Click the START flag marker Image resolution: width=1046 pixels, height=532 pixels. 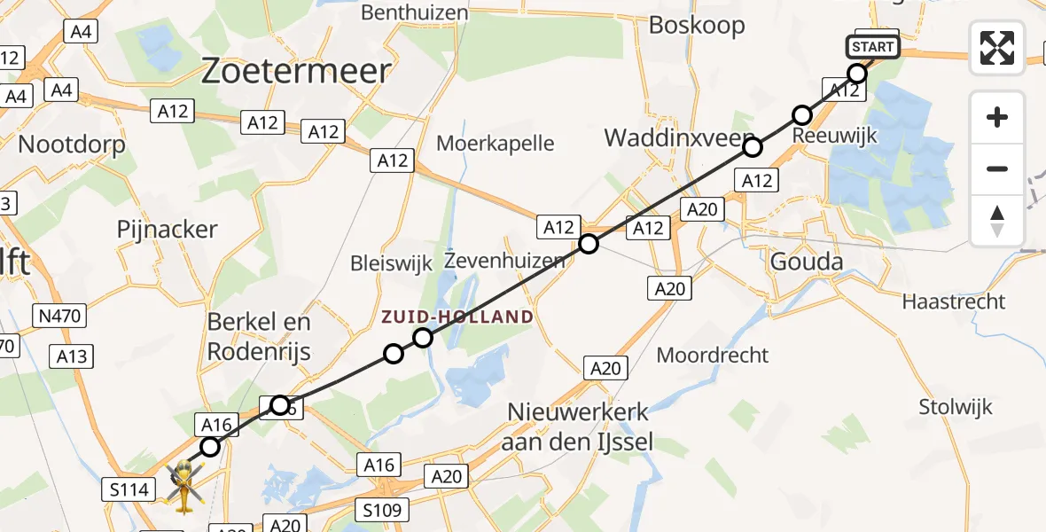pos(873,46)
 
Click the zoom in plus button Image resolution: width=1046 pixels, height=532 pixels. pos(997,117)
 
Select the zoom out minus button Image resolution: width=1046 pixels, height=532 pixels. pos(997,168)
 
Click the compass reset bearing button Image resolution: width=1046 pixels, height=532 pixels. pos(997,220)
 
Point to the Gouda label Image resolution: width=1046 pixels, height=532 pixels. pos(807,260)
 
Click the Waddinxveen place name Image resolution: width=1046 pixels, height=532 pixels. pos(667,137)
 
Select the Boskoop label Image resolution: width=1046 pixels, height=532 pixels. pos(697,25)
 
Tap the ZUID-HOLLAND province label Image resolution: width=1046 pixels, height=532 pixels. pos(457,317)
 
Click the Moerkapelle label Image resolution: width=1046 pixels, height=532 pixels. pos(496,143)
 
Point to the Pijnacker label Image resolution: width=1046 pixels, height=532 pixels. pos(167,230)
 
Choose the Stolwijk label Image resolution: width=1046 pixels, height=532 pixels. pos(955,408)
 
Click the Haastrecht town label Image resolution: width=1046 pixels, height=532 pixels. pos(953,301)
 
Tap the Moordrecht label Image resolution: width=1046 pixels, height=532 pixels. pos(713,356)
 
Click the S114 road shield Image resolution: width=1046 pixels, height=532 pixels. pos(129,488)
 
